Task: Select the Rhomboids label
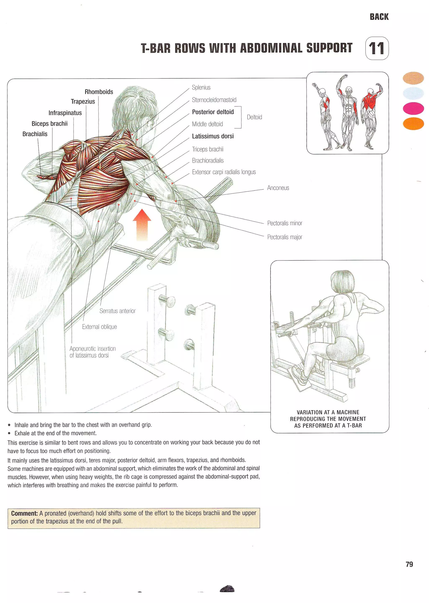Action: point(99,92)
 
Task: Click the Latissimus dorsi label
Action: point(213,136)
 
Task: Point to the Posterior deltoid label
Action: point(213,112)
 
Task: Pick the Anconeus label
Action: point(278,188)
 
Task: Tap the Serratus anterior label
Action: point(117,311)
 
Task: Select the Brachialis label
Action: point(35,134)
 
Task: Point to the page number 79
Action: point(409,564)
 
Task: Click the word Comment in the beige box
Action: point(24,514)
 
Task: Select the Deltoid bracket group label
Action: point(254,117)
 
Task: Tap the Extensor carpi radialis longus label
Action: point(224,172)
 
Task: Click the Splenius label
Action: point(201,87)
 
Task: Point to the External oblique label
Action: point(99,327)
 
